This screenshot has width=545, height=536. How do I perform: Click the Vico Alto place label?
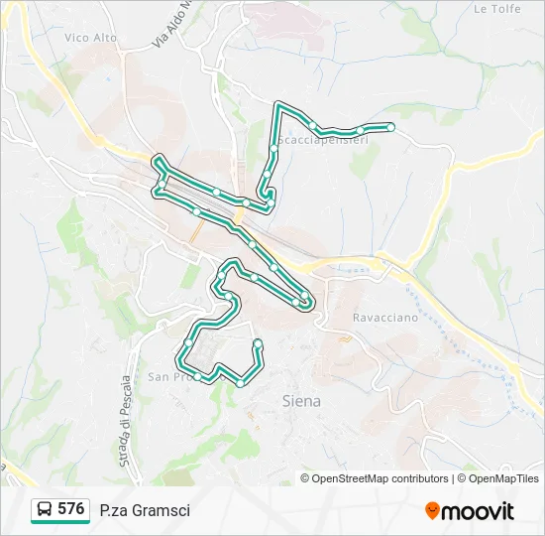click(90, 38)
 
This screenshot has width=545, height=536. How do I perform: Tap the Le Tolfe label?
click(496, 9)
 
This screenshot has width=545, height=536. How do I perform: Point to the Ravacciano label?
click(385, 319)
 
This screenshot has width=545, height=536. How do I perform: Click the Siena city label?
click(301, 401)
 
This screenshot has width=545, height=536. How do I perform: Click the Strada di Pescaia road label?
click(126, 421)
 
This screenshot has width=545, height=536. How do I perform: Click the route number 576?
click(70, 509)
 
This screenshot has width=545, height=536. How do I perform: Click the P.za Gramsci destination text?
click(145, 510)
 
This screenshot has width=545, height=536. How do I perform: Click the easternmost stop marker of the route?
click(391, 127)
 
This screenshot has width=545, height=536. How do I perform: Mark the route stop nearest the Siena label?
click(240, 383)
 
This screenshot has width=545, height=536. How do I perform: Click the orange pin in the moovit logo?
click(432, 511)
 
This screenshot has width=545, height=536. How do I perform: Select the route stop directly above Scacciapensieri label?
click(312, 124)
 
